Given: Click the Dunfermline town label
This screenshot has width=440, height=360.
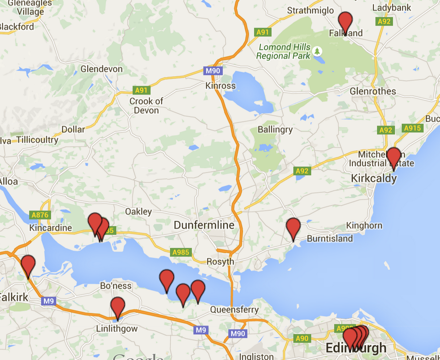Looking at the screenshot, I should pyautogui.click(x=204, y=225).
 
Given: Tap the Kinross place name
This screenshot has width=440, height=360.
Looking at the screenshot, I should pyautogui.click(x=220, y=86).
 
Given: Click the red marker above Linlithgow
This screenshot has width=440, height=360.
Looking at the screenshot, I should pyautogui.click(x=118, y=307).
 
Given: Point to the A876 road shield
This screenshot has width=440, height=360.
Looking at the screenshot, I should pyautogui.click(x=40, y=215).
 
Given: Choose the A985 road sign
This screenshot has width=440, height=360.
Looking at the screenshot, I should pyautogui.click(x=181, y=252).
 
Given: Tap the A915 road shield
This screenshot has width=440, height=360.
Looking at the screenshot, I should pyautogui.click(x=413, y=128).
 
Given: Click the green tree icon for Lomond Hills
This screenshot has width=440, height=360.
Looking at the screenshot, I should pyautogui.click(x=317, y=51).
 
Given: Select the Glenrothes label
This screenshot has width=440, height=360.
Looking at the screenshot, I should pyautogui.click(x=373, y=91).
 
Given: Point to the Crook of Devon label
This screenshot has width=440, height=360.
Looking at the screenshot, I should pyautogui.click(x=146, y=106).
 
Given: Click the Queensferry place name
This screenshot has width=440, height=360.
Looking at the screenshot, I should pyautogui.click(x=234, y=309).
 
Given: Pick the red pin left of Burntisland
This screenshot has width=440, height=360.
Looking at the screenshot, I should pyautogui.click(x=293, y=228).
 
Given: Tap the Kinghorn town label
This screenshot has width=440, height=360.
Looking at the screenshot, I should pyautogui.click(x=364, y=226).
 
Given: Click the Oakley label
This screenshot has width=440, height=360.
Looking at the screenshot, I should pyautogui.click(x=138, y=211).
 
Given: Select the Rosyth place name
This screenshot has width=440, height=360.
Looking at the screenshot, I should pyautogui.click(x=220, y=261).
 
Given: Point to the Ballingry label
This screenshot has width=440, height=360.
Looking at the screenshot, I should pyautogui.click(x=275, y=129).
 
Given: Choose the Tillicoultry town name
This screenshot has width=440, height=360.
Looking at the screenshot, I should pyautogui.click(x=37, y=140).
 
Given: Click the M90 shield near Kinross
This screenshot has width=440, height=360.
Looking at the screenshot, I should pyautogui.click(x=212, y=71).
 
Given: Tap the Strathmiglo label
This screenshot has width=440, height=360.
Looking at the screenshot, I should pyautogui.click(x=310, y=10).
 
